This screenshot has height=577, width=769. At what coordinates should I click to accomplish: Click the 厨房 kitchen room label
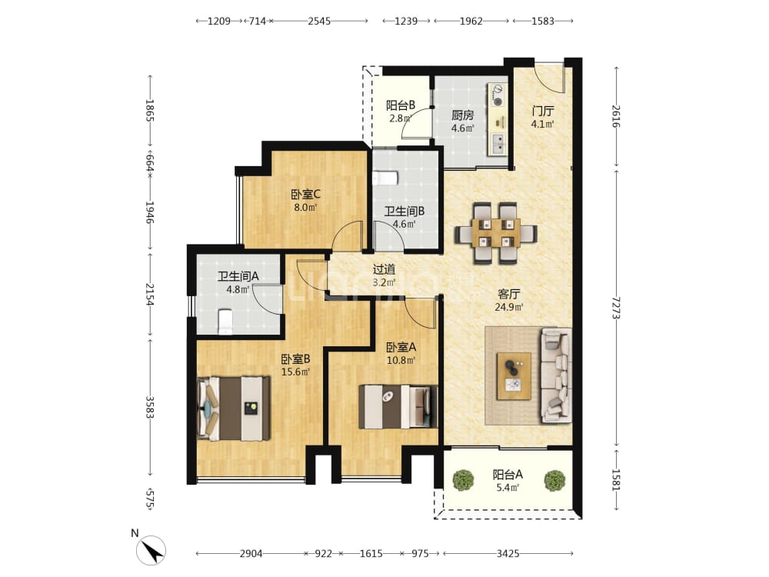coord(462,116)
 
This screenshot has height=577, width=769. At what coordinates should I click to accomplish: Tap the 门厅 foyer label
coord(543,112)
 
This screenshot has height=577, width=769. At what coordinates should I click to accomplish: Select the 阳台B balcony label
coord(400,105)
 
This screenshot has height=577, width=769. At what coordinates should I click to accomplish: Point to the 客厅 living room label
coord(508,294)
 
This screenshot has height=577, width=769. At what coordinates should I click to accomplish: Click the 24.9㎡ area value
coord(508,308)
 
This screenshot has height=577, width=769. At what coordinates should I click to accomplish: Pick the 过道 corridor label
coord(384,269)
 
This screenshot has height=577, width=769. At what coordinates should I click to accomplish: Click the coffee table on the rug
coord(514,376)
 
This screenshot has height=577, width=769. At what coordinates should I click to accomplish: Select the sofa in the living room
coord(556,376)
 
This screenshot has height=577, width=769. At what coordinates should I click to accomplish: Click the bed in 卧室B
coord(234,409)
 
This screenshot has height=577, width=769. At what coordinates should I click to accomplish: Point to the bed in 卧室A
coord(398,407)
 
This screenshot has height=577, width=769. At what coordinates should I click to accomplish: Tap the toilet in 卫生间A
coord(225,322)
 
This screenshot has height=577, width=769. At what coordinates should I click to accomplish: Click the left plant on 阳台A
coord(463,480)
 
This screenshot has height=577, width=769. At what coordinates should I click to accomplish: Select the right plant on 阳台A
coord(554,480)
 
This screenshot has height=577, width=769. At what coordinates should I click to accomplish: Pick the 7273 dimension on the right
coord(617,308)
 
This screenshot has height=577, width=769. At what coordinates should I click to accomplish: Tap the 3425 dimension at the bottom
coord(508,553)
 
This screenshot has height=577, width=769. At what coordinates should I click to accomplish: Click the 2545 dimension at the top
coord(319,21)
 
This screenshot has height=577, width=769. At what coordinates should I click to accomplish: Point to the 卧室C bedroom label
coord(305,195)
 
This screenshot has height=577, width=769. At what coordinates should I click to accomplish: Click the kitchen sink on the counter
coord(498,142)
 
